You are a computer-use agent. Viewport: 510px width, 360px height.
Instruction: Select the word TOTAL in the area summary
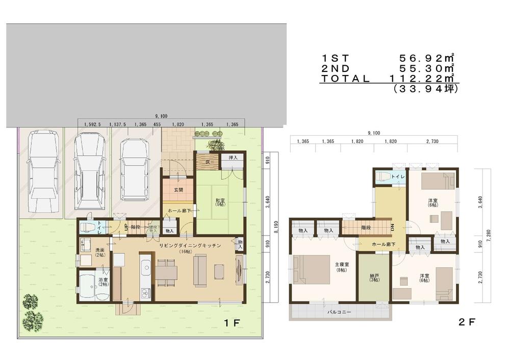345,79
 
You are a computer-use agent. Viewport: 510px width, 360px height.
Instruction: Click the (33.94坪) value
426,88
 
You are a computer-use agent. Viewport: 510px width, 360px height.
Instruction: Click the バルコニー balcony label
339,312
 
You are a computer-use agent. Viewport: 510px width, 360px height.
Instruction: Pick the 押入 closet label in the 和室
233,158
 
